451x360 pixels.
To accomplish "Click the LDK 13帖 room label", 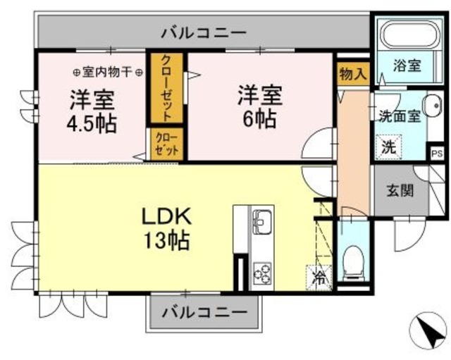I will pos(167,228).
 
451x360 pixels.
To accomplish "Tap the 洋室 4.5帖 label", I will pos(92,111).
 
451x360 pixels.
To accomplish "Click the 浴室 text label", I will pos(407,66).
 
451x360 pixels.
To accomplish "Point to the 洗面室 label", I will pos(400,116).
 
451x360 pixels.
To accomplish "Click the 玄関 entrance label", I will pos(399,190).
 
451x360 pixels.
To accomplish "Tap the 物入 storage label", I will pos(352,72).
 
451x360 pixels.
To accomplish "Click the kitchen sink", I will pos(262,223).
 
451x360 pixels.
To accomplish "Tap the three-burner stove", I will pos(262,271).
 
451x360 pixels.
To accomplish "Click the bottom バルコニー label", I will pos(204,311).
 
